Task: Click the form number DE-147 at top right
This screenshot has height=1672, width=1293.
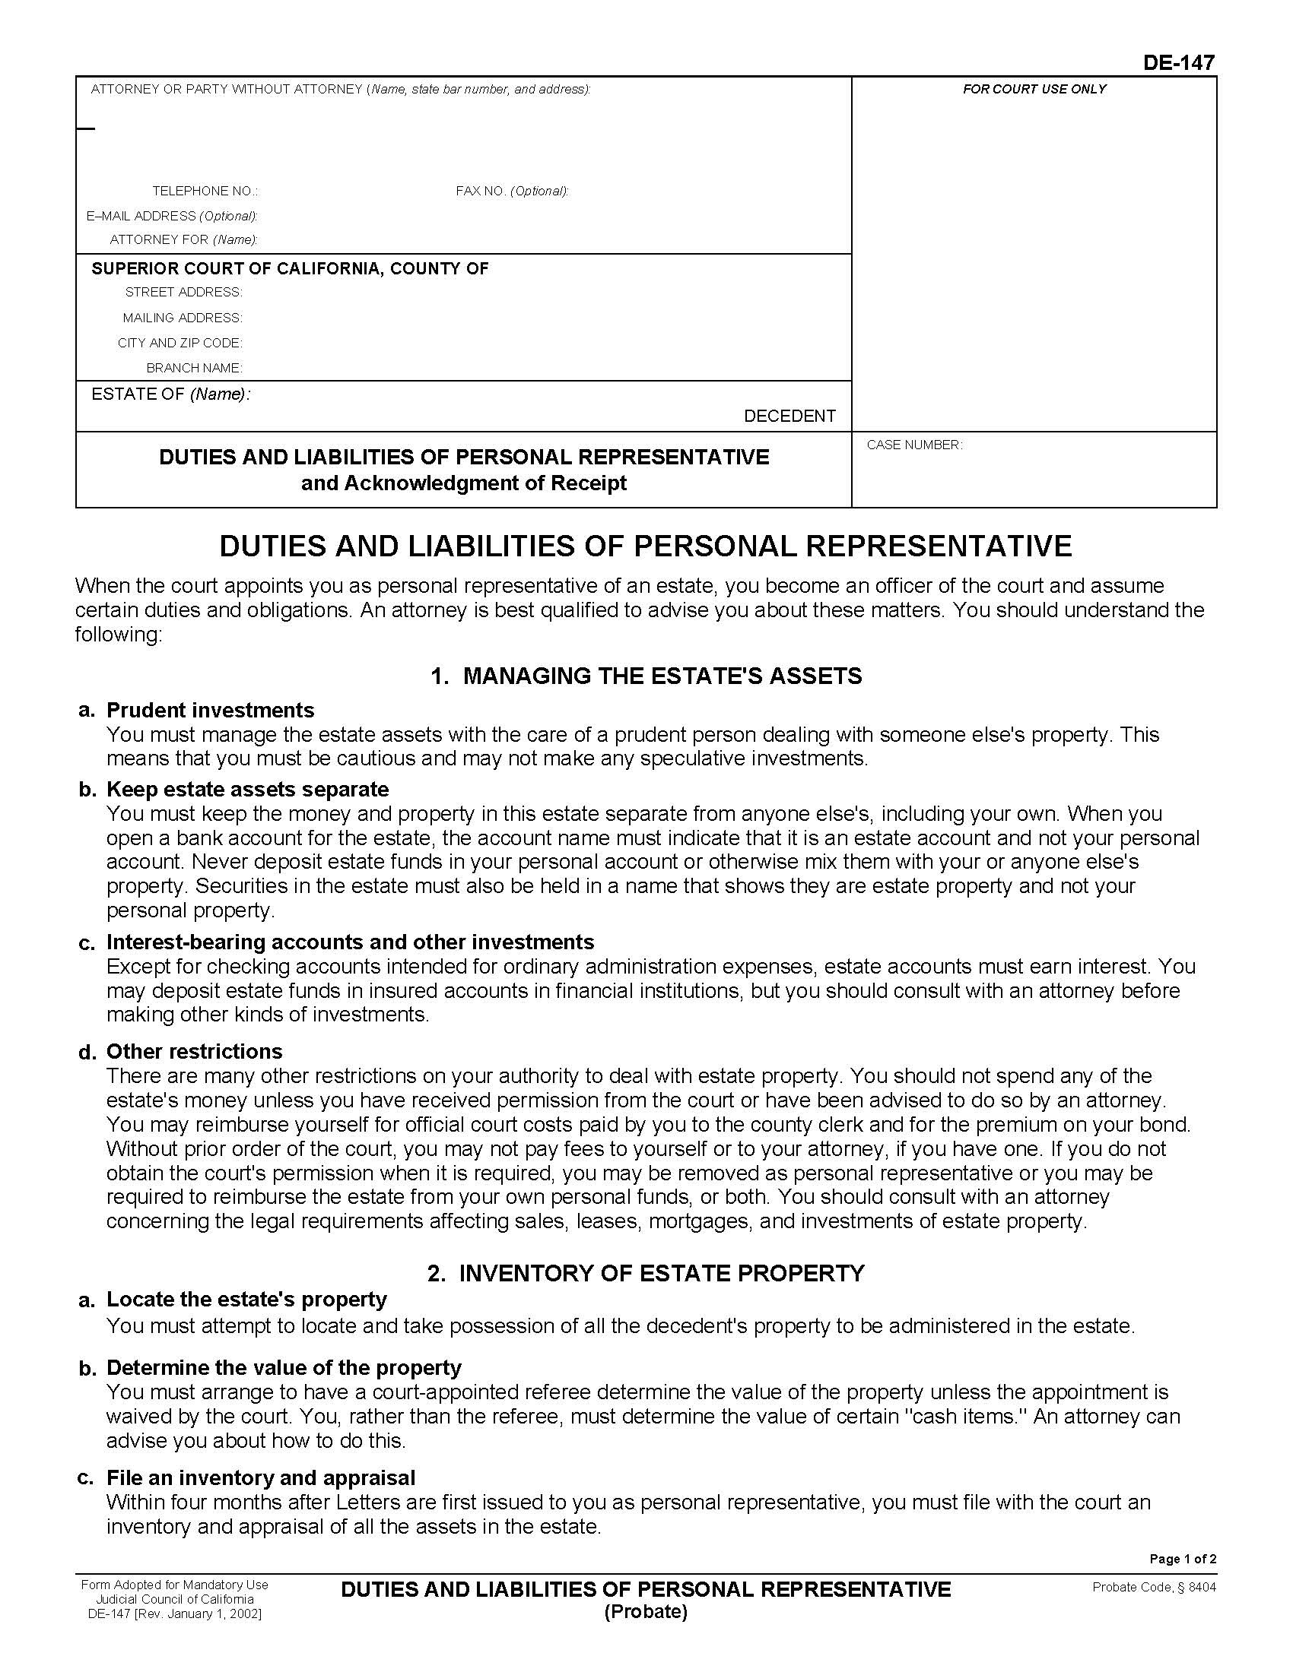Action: (x=1178, y=63)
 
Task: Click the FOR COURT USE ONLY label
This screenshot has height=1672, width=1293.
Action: (x=1034, y=89)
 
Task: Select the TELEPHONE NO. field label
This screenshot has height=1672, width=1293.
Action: (x=205, y=191)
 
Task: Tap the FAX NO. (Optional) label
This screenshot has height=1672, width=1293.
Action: (x=512, y=191)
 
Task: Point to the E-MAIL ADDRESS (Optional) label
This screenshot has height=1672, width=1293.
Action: (x=172, y=216)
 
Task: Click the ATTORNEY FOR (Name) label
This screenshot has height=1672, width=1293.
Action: (x=183, y=239)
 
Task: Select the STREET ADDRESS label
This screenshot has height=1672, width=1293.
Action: (x=183, y=292)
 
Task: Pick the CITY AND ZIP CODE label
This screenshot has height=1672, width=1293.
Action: (x=179, y=342)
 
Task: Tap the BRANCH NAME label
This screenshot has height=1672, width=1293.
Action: (x=194, y=368)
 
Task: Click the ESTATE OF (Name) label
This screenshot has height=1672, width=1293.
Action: (x=170, y=394)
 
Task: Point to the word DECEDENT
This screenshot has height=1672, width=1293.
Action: (x=789, y=416)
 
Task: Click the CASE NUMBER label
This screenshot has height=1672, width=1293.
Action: (x=913, y=445)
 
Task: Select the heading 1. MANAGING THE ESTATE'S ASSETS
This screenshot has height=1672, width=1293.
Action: (x=646, y=675)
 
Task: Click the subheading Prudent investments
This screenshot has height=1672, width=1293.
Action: (x=210, y=710)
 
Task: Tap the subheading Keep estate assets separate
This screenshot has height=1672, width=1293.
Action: (x=247, y=789)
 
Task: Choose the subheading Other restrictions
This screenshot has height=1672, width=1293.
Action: (x=194, y=1051)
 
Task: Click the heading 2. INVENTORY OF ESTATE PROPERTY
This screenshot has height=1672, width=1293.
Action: (x=646, y=1272)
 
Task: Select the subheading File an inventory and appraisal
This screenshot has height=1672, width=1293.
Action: (x=260, y=1477)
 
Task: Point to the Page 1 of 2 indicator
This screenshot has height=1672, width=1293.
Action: (x=1182, y=1559)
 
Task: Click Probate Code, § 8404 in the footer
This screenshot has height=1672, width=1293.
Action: (x=1154, y=1587)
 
